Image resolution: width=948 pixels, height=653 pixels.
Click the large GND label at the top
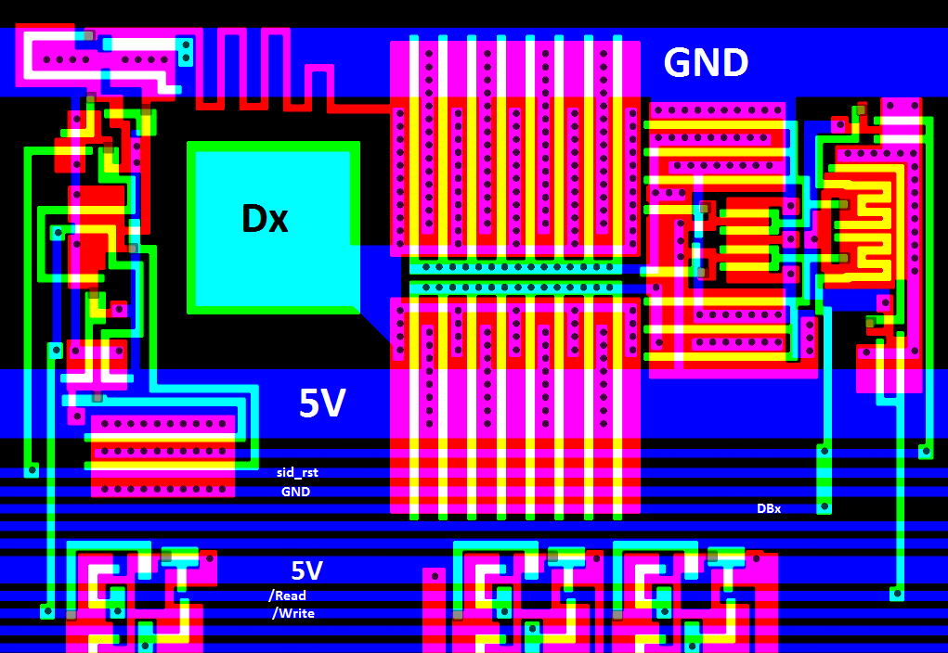(706, 63)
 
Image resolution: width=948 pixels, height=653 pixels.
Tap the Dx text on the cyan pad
(265, 219)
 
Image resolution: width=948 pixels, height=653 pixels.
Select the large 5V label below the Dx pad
(322, 403)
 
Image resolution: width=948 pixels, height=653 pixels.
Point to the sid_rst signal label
(297, 472)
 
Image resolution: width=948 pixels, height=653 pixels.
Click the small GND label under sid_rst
(295, 492)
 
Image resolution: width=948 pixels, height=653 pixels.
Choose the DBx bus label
(769, 508)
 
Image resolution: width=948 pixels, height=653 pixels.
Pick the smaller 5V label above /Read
(307, 570)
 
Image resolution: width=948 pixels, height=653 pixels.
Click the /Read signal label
(288, 595)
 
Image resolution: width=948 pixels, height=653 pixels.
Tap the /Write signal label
(293, 613)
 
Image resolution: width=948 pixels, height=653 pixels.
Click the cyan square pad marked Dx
(273, 228)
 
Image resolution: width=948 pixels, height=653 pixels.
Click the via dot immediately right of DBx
(824, 506)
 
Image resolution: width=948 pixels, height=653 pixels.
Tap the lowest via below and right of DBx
(897, 593)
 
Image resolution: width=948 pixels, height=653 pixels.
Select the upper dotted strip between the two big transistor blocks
(515, 267)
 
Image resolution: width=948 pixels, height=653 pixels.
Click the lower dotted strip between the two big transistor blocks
(515, 288)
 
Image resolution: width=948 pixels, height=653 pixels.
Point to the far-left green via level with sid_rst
(32, 470)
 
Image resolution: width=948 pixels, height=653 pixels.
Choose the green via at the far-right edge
(926, 452)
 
